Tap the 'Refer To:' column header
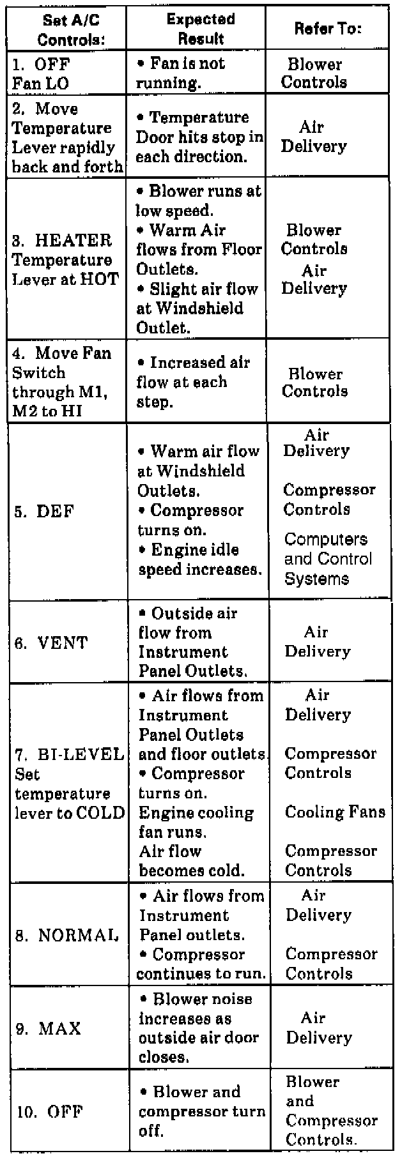click(328, 29)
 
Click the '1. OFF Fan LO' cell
click(41, 73)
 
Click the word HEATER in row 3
click(73, 241)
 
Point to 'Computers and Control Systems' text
click(327, 559)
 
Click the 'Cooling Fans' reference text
click(335, 812)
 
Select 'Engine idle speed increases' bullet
click(199, 559)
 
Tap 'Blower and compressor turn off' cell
click(201, 1111)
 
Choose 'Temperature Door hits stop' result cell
click(199, 137)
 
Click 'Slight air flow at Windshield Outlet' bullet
click(197, 308)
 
